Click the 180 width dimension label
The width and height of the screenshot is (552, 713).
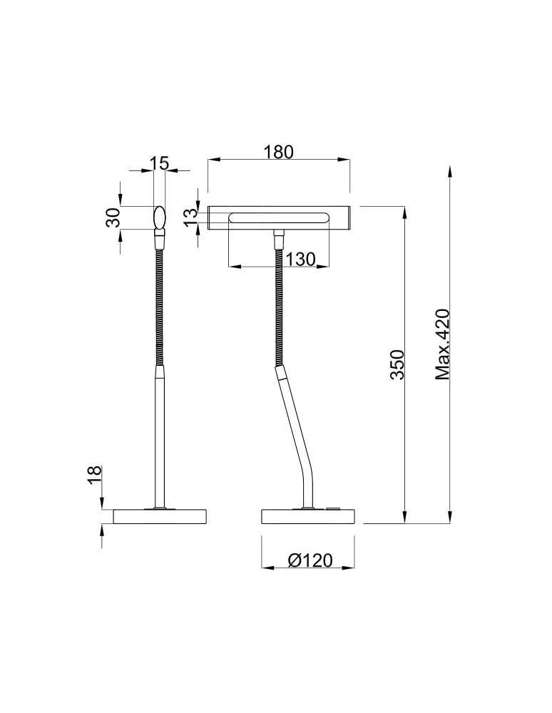coord(278,152)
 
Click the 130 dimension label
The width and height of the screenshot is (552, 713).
coord(301,259)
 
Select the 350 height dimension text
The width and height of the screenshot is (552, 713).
coord(398,364)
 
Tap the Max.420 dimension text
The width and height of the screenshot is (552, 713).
coord(443,344)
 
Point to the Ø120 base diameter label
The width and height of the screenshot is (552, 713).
coord(310,560)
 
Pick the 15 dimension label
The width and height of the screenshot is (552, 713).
coord(160,163)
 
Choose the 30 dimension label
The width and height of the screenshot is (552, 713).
coord(112,217)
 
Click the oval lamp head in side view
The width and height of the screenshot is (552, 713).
coord(160,217)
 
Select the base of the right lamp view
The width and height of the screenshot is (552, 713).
coord(307,516)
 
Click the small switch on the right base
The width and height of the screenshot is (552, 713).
coord(333,509)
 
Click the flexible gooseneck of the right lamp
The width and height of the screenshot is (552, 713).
coord(278,307)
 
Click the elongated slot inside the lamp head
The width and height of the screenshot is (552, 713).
coord(278,217)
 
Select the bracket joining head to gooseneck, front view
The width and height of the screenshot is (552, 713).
coord(278,235)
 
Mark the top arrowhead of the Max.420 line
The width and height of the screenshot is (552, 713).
coord(450,171)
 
